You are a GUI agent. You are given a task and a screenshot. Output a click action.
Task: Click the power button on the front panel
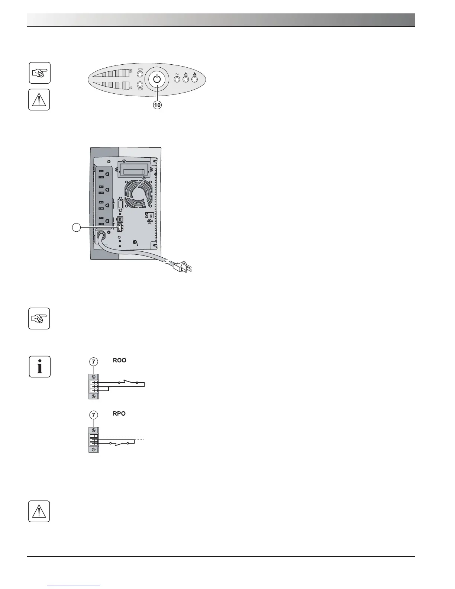pos(157,79)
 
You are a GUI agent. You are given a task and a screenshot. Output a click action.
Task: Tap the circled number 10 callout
pos(158,105)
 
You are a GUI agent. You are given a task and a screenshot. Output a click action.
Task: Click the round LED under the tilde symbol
pos(177,79)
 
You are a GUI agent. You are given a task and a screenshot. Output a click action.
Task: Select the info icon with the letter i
pos(39,367)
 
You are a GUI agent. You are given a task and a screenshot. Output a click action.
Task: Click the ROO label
pos(120,360)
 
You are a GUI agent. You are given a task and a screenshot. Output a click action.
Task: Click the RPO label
pos(119,413)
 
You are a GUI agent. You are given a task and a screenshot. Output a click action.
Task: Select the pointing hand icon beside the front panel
pos(39,73)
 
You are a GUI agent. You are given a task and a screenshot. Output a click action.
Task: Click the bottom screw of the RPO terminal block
pos(94,449)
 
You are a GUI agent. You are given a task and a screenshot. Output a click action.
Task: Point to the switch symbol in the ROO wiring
pos(128,382)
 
